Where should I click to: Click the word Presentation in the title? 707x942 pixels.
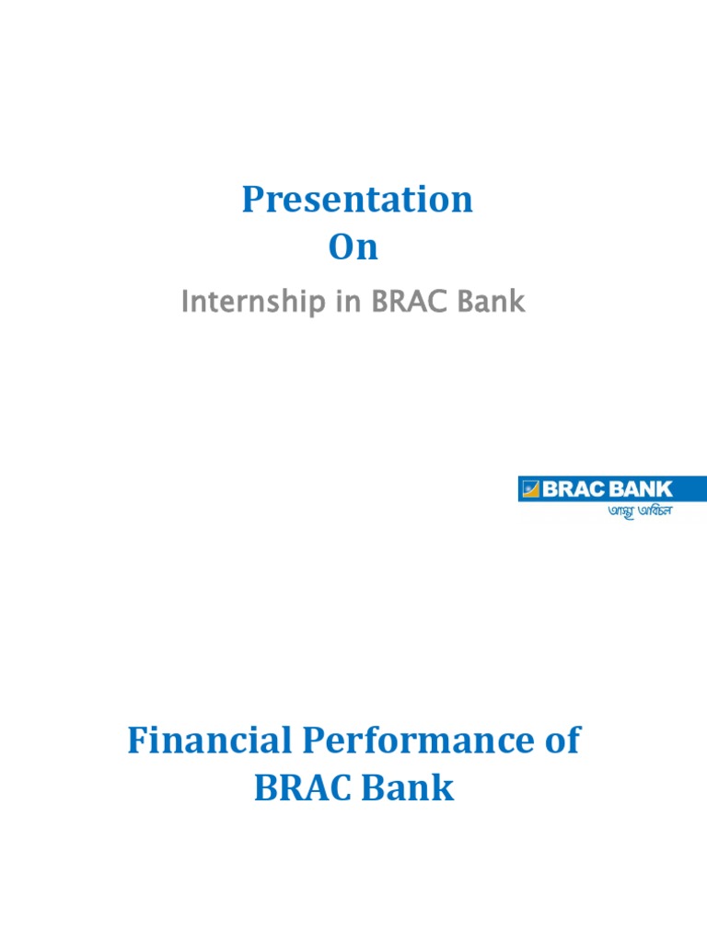click(x=357, y=200)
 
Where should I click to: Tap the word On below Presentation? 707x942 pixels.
click(x=353, y=248)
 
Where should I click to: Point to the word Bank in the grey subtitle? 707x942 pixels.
click(x=491, y=302)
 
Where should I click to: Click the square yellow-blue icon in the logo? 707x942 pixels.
click(x=530, y=489)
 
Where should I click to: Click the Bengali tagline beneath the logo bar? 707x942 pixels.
click(x=639, y=510)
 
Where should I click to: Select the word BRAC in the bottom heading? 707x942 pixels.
click(x=298, y=788)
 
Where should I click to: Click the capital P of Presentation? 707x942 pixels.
click(x=252, y=200)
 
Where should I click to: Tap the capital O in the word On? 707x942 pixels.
click(x=342, y=248)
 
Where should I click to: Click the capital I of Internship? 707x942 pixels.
click(x=186, y=302)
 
